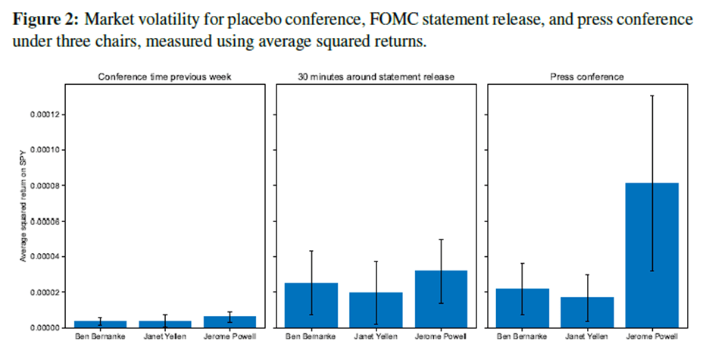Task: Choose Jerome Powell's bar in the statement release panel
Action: (440, 299)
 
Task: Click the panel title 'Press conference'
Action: (587, 77)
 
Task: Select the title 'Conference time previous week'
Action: (164, 77)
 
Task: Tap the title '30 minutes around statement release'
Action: (376, 77)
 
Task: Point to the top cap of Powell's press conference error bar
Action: (652, 95)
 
